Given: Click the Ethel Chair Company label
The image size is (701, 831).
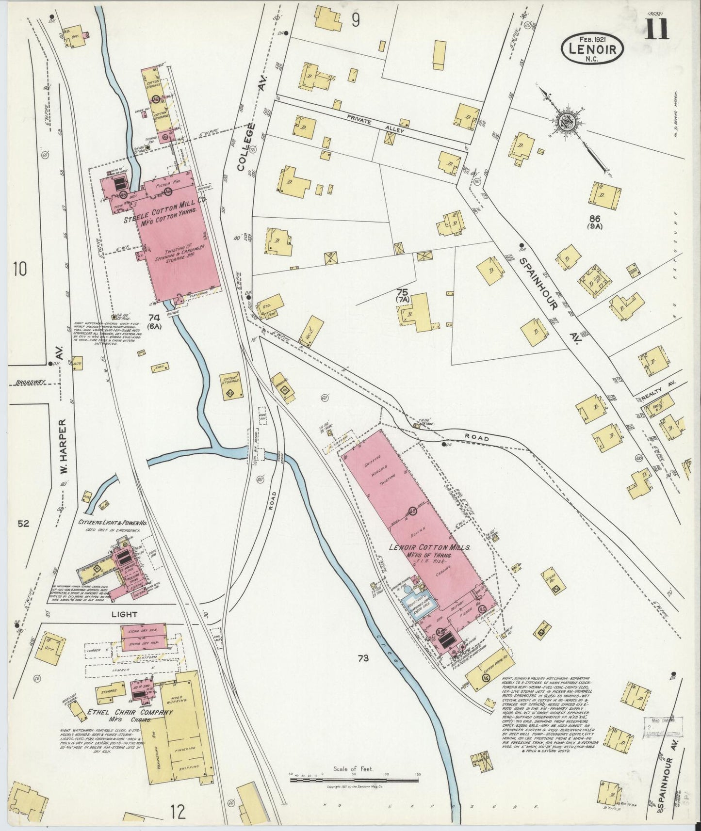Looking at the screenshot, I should click(130, 713).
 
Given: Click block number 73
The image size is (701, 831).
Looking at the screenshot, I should click(363, 658).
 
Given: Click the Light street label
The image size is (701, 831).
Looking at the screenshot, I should click(125, 614).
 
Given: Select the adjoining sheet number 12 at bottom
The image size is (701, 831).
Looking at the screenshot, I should click(178, 811).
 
